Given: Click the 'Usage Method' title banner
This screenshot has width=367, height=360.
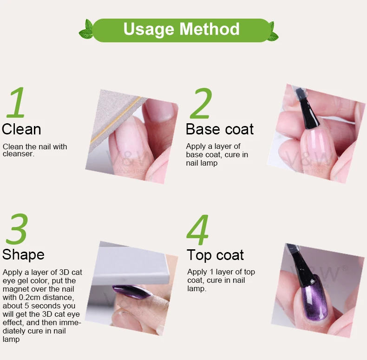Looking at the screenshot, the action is click(x=181, y=30).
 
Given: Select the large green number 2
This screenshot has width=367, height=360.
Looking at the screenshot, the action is click(x=201, y=103).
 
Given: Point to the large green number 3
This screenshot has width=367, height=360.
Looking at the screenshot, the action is click(x=17, y=229).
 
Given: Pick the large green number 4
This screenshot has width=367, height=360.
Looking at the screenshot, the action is click(x=198, y=230).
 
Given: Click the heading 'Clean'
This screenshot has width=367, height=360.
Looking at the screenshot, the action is click(x=21, y=129).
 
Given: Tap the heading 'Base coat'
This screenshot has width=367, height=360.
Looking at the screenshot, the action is click(x=220, y=129).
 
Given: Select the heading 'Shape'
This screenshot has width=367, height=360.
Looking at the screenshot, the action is click(x=23, y=255).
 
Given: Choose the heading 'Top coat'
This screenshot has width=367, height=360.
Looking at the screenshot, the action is click(x=216, y=255).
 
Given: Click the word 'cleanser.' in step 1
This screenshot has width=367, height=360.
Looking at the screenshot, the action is click(x=19, y=154).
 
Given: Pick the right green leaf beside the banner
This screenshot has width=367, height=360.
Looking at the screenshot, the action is click(x=273, y=32).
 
